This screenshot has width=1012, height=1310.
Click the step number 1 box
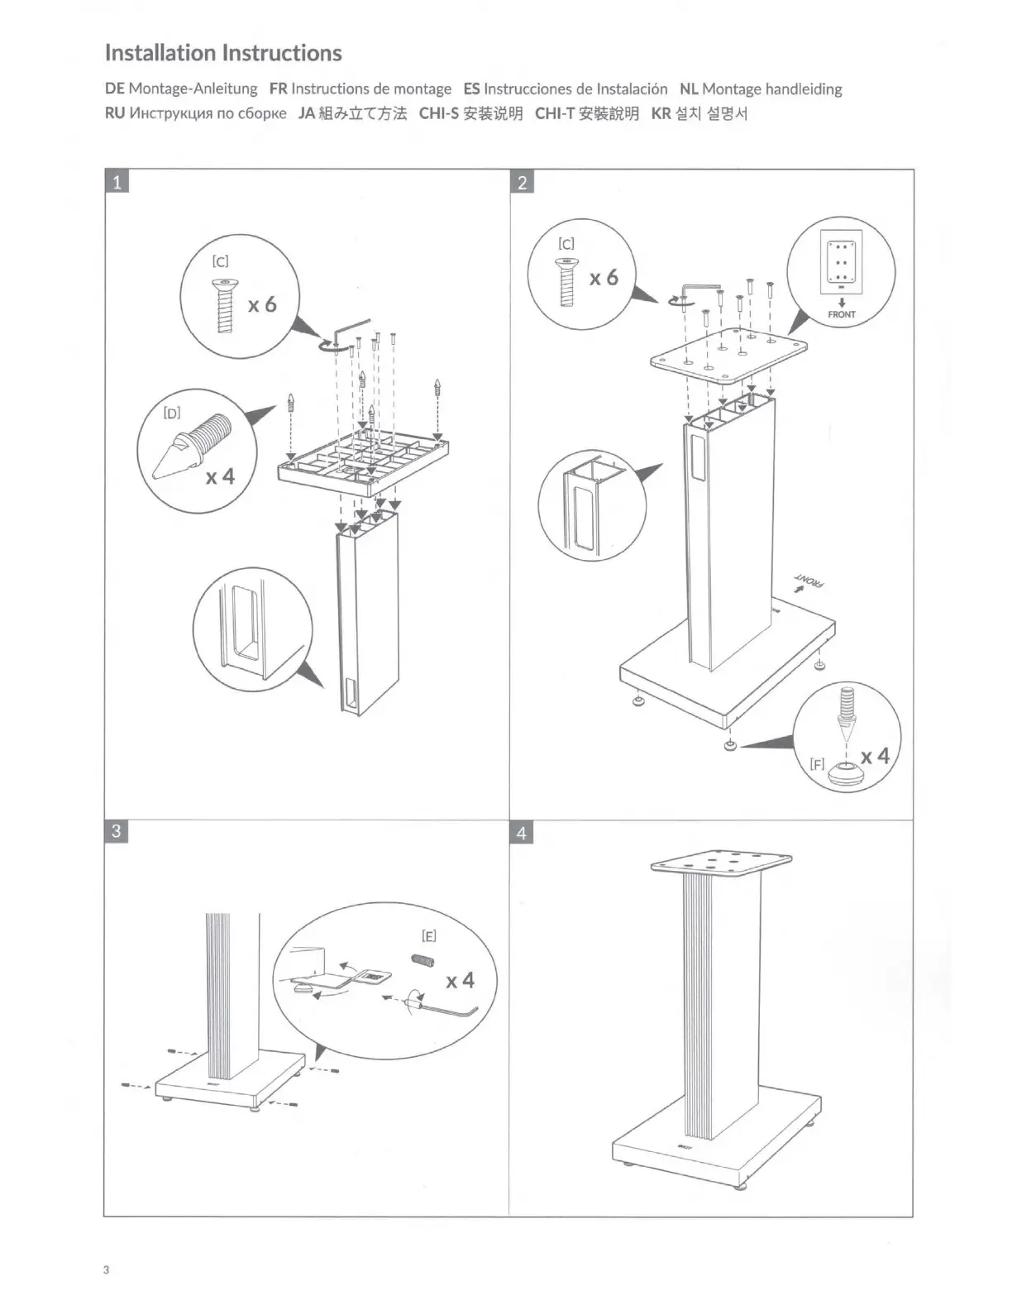point(117,182)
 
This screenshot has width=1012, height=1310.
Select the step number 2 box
point(522,182)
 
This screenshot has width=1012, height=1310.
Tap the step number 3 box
point(117,831)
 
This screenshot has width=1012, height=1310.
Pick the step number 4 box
point(522,833)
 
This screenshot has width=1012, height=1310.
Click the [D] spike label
point(172,413)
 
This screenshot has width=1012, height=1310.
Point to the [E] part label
point(428,935)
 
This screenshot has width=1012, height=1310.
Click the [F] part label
point(817,764)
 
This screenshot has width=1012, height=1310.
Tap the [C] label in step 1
point(220,261)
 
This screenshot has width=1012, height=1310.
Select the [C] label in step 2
point(566,243)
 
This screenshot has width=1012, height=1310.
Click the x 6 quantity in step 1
point(262,304)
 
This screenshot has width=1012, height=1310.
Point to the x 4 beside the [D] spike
point(220,477)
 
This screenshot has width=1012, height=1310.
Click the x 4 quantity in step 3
point(460,980)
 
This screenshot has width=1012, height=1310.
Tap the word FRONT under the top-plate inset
point(842,314)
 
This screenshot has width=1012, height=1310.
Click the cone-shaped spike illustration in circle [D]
point(188,447)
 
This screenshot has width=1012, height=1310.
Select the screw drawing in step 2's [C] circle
point(566,281)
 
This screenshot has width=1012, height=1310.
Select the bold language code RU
point(115,113)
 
